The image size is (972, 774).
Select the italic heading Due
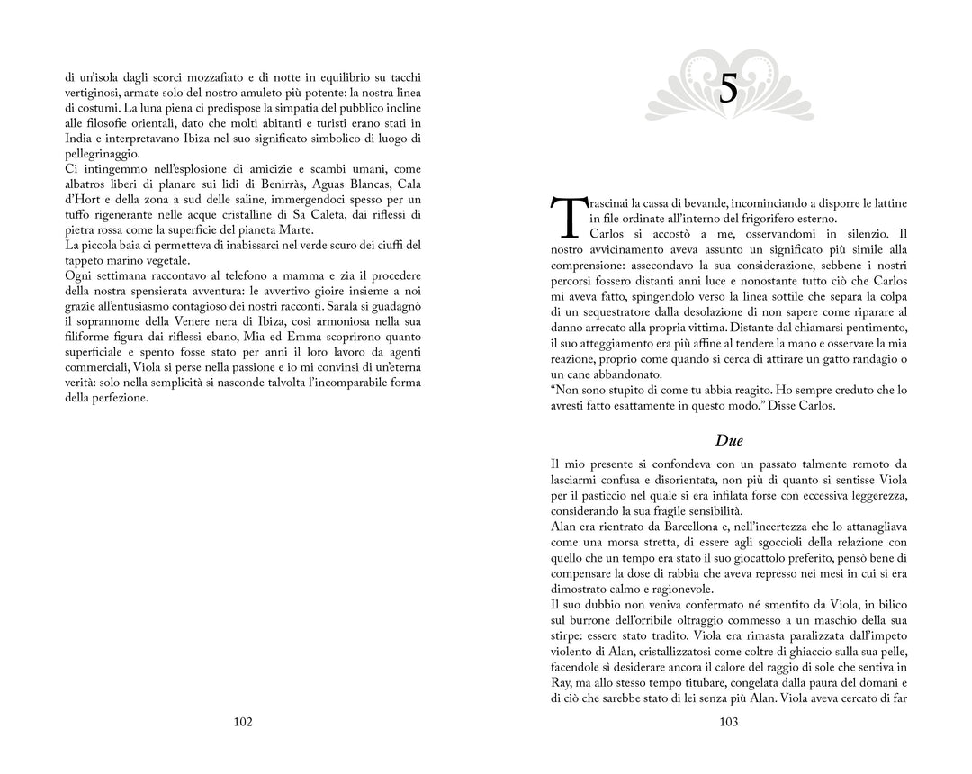tap(729, 440)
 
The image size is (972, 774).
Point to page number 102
tap(242, 722)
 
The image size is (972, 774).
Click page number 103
tap(729, 722)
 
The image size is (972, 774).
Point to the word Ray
tap(560, 682)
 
